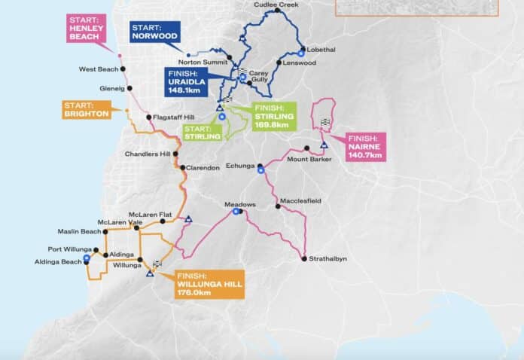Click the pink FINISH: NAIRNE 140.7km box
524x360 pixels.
(367, 145)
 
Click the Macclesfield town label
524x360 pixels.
(300, 201)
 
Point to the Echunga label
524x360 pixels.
(242, 164)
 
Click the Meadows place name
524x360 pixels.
(240, 204)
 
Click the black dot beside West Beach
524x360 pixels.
(123, 69)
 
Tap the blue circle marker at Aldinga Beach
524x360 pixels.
(87, 258)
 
